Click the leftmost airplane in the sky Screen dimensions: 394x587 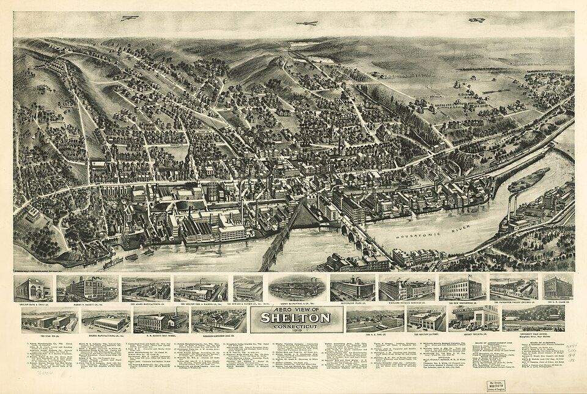(130, 18)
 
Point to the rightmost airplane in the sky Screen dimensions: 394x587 (476, 20)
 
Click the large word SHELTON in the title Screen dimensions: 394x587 (296, 318)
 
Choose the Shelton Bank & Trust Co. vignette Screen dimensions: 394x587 (34, 288)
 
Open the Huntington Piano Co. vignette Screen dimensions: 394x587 (352, 288)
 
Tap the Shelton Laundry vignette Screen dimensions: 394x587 (426, 318)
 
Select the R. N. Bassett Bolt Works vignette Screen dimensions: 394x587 (161, 319)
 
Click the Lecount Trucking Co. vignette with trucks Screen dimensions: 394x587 (474, 318)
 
